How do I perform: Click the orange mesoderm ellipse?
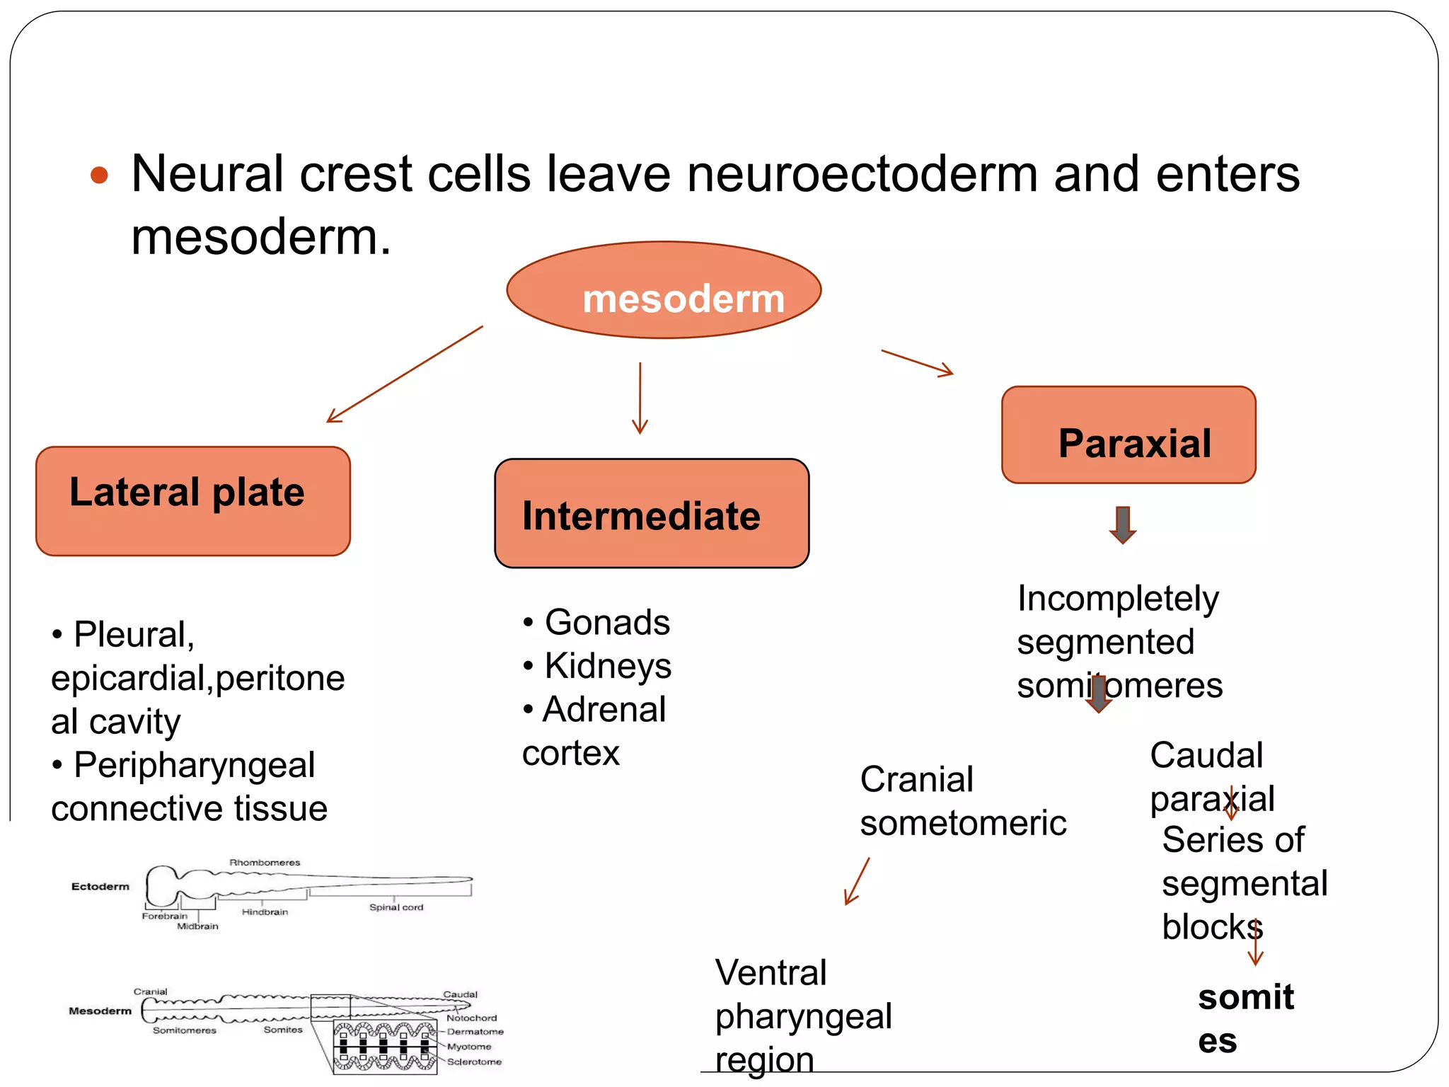664,291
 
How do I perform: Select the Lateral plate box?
192,501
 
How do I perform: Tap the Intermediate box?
651,514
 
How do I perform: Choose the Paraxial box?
1128,435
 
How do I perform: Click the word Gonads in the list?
607,623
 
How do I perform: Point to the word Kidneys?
608,666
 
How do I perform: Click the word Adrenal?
604,710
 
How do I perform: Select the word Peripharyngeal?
194,765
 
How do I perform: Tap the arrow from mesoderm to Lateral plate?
405,374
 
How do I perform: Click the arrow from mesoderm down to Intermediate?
640,398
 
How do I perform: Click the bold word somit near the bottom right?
1246,998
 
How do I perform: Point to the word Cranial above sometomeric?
917,780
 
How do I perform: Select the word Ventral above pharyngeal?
770,973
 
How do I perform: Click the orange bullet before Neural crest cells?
100,175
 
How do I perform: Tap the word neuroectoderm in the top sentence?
862,174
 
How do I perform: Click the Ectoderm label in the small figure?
100,887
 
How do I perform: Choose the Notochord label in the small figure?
471,1018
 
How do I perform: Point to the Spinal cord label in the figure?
396,907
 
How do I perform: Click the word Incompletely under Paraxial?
1118,599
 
